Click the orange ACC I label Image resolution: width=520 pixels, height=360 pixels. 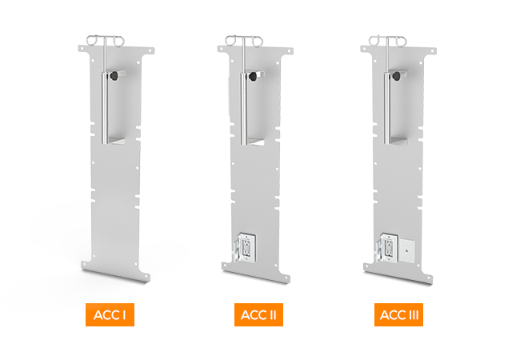pyautogui.click(x=109, y=315)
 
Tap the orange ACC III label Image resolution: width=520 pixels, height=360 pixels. pyautogui.click(x=398, y=315)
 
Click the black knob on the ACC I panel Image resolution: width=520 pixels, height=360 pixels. pyautogui.click(x=115, y=76)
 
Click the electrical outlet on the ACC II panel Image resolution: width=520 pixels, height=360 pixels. pyautogui.click(x=246, y=246)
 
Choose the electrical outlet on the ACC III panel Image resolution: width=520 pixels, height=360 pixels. pyautogui.click(x=387, y=246)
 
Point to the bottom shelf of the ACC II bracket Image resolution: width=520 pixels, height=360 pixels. pyautogui.click(x=254, y=142)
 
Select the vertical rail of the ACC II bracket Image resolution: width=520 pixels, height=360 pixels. pyautogui.click(x=243, y=104)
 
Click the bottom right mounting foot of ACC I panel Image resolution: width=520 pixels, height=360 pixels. pyautogui.click(x=145, y=278)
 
